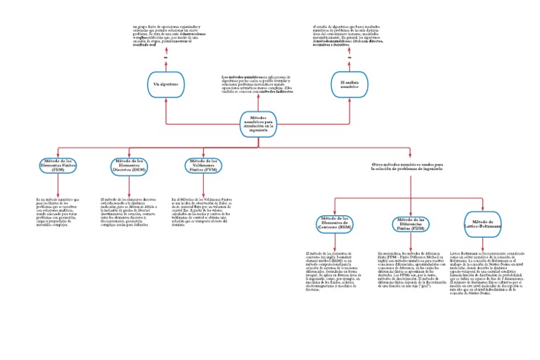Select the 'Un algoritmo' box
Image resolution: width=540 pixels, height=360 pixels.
(166, 84)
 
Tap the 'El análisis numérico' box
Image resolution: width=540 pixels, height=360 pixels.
(350, 84)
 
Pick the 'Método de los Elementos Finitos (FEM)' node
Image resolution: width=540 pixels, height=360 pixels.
(58, 165)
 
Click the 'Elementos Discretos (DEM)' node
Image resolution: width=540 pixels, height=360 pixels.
(130, 165)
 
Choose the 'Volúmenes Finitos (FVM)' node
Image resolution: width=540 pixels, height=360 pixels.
(201, 165)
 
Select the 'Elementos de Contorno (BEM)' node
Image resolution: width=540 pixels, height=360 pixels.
(336, 224)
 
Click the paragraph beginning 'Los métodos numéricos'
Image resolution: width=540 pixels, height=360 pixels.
(257, 83)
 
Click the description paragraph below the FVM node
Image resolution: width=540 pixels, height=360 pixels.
(203, 210)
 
